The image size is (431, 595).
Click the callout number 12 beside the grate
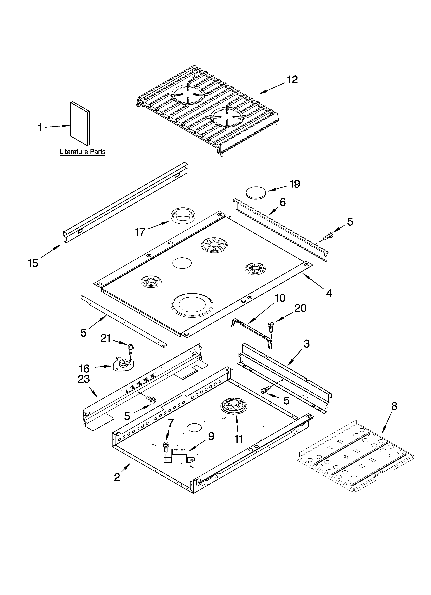pos(292,80)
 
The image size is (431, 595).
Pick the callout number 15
pos(33,263)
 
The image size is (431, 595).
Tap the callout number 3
pos(306,344)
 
